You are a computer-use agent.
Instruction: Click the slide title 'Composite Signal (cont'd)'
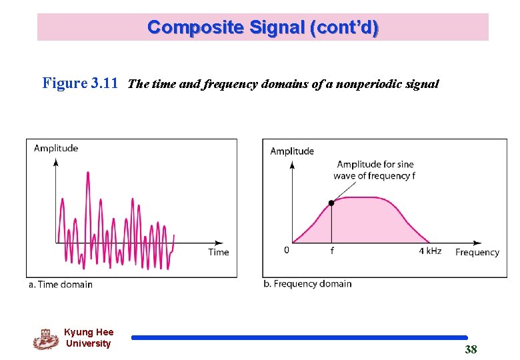263,27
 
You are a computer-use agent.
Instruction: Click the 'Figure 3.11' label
80,84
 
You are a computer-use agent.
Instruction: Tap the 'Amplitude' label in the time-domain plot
56,148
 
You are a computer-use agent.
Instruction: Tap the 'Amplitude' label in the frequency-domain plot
292,151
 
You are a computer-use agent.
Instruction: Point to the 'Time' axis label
218,252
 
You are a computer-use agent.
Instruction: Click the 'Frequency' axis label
477,252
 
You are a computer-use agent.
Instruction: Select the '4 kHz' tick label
430,251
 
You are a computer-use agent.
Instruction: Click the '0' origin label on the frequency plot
287,251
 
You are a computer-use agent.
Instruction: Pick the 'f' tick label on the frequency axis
331,251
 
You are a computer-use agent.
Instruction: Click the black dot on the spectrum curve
331,203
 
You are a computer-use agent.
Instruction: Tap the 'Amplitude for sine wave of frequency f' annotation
375,170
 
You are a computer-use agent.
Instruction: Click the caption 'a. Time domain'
61,285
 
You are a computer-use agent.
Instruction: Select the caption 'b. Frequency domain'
307,284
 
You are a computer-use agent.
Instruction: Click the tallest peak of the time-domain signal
88,173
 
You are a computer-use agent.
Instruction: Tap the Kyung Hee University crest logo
46,339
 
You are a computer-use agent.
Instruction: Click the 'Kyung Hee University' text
89,338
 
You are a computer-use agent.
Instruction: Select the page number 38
471,350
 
